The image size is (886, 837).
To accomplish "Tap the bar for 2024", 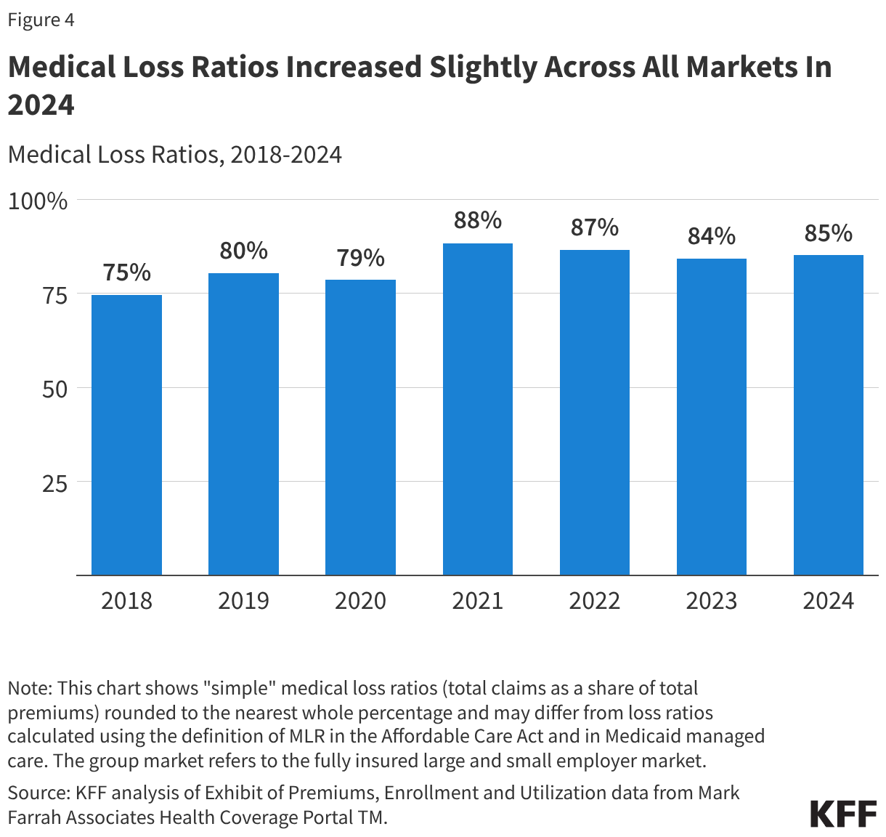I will point(828,415).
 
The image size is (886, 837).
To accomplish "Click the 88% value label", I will point(477,220).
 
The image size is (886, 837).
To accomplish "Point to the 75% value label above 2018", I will point(126,272).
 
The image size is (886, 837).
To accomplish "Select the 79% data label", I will point(360,257).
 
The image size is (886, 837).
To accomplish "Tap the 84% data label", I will point(711,236).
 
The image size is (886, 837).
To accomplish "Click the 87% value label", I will point(594,227).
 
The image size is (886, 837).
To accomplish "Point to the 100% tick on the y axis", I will point(38,201).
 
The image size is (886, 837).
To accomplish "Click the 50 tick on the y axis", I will point(54,389).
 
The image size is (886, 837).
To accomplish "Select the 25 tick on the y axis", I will point(54,483).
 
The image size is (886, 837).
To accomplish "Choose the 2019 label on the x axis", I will point(243,601).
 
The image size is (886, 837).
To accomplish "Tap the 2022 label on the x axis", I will point(594,601).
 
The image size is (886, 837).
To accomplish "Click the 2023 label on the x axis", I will point(711,601).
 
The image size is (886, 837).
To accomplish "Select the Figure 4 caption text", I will point(41,20).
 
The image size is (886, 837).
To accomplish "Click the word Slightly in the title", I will point(481,67).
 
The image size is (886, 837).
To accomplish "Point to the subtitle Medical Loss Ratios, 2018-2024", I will point(174,155).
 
